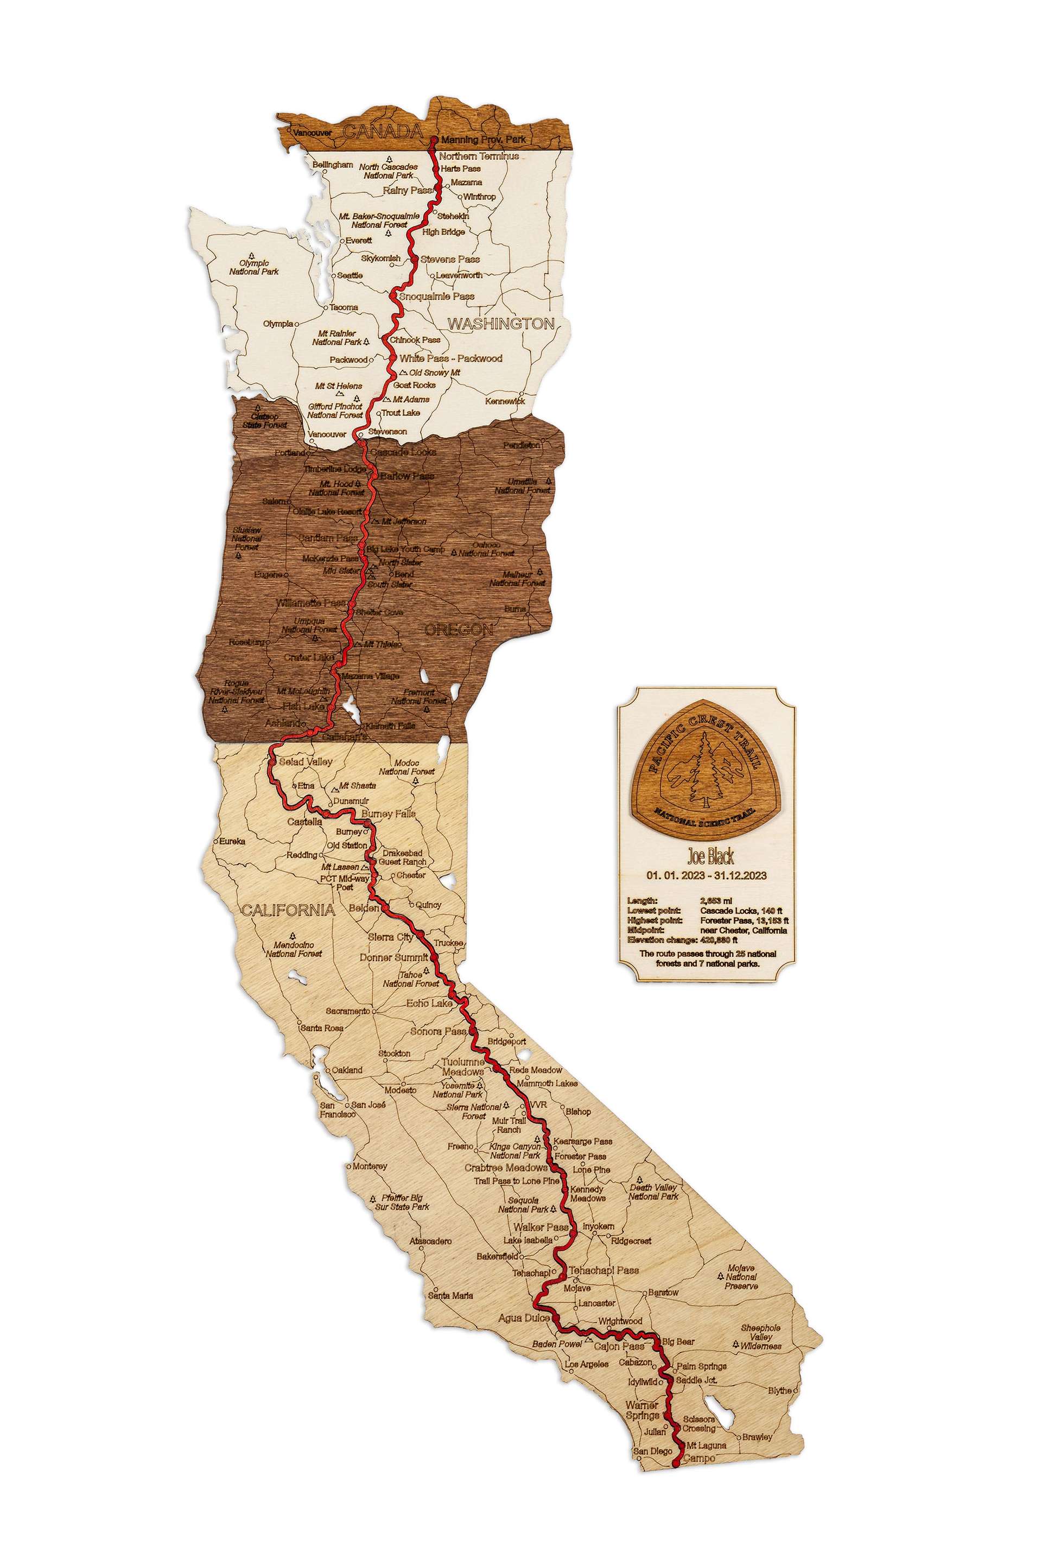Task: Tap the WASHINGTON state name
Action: (501, 324)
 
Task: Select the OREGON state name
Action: (459, 629)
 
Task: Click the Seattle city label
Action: (350, 275)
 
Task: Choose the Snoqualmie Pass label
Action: (436, 296)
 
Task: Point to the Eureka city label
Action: (233, 841)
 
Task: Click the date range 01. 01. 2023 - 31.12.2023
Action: (707, 875)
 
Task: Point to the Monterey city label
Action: (370, 1166)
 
